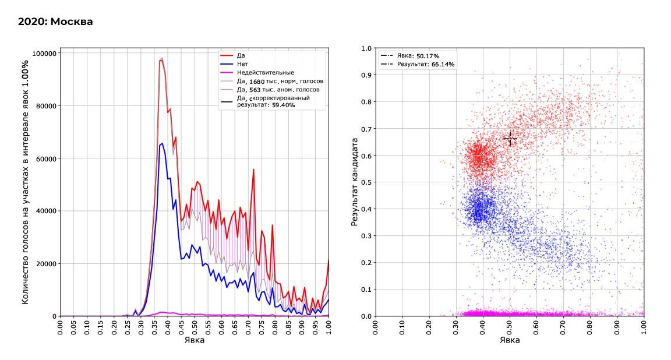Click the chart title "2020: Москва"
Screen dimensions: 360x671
[55, 22]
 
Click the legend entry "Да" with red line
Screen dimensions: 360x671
[241, 55]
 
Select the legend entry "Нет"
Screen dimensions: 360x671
[243, 63]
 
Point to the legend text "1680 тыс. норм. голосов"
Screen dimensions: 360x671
[285, 81]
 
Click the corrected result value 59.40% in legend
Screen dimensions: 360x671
[285, 105]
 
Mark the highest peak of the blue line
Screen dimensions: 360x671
[162, 143]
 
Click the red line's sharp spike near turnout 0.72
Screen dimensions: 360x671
[253, 170]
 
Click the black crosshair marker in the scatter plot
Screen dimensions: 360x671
[510, 139]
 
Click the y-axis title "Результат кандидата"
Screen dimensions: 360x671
[354, 182]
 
